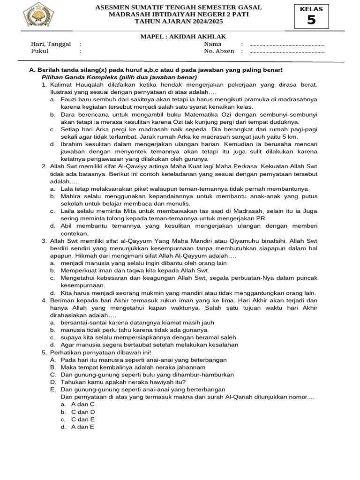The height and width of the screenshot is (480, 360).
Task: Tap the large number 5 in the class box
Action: coord(311,20)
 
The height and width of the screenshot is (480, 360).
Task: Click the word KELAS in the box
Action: coord(311,9)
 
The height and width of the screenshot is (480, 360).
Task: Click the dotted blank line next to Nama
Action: coord(287,45)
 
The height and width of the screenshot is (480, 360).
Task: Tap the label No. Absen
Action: coord(219,51)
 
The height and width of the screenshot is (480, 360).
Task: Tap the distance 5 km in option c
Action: coord(291,136)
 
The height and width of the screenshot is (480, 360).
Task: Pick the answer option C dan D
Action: coord(83,412)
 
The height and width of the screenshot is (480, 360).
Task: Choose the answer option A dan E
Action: coord(82,427)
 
